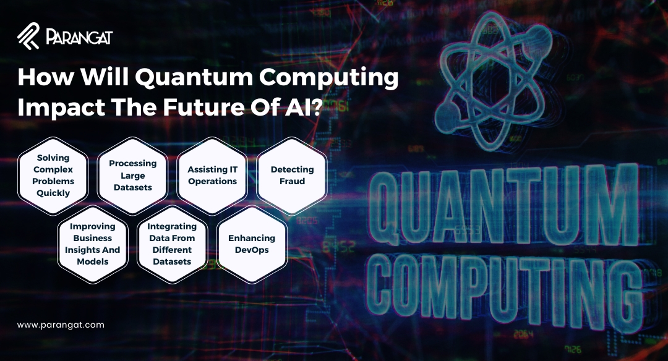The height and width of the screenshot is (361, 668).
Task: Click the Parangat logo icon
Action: (x=28, y=36)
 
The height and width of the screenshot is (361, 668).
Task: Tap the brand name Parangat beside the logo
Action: (x=79, y=38)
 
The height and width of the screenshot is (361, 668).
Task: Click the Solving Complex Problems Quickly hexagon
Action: (x=53, y=176)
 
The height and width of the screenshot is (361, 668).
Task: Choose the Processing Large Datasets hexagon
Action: (x=133, y=176)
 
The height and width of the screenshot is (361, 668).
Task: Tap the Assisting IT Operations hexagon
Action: (x=212, y=176)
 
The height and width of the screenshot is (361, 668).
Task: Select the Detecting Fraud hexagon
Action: (x=292, y=176)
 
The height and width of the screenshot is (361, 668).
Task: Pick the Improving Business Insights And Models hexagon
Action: (x=93, y=244)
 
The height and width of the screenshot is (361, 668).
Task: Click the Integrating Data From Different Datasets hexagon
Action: (x=173, y=244)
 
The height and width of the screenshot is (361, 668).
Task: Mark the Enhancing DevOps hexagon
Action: (x=252, y=244)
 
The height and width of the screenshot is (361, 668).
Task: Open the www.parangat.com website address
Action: (x=61, y=325)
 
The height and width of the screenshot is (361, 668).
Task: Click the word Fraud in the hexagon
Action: (x=292, y=182)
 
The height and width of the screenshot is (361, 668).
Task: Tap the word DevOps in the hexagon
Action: (x=252, y=250)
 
